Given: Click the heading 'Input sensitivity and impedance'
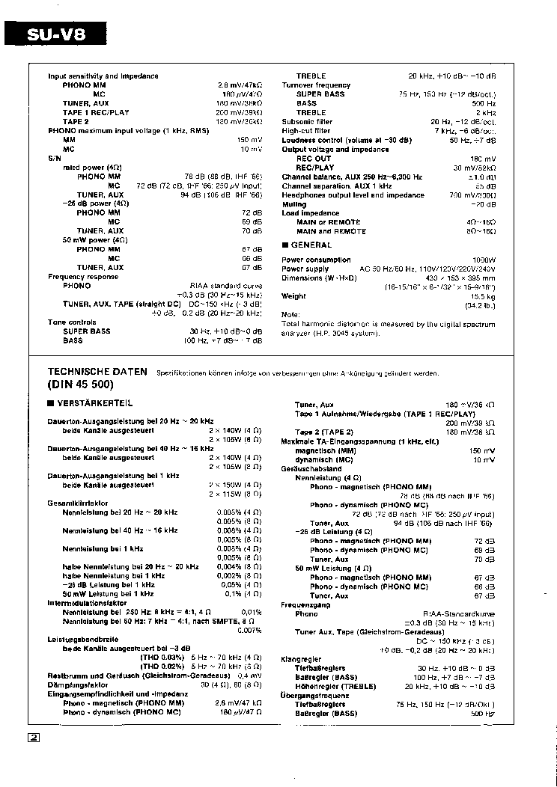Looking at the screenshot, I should [103, 76].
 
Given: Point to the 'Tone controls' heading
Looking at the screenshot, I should [72, 322].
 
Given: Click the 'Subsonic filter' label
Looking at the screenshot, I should [307, 122].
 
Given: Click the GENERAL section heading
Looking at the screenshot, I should [311, 245].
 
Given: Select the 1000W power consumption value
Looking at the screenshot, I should [482, 260].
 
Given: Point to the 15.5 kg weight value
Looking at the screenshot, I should [482, 296].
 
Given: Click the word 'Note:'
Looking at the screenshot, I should [290, 314].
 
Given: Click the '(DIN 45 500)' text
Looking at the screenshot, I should [81, 385].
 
